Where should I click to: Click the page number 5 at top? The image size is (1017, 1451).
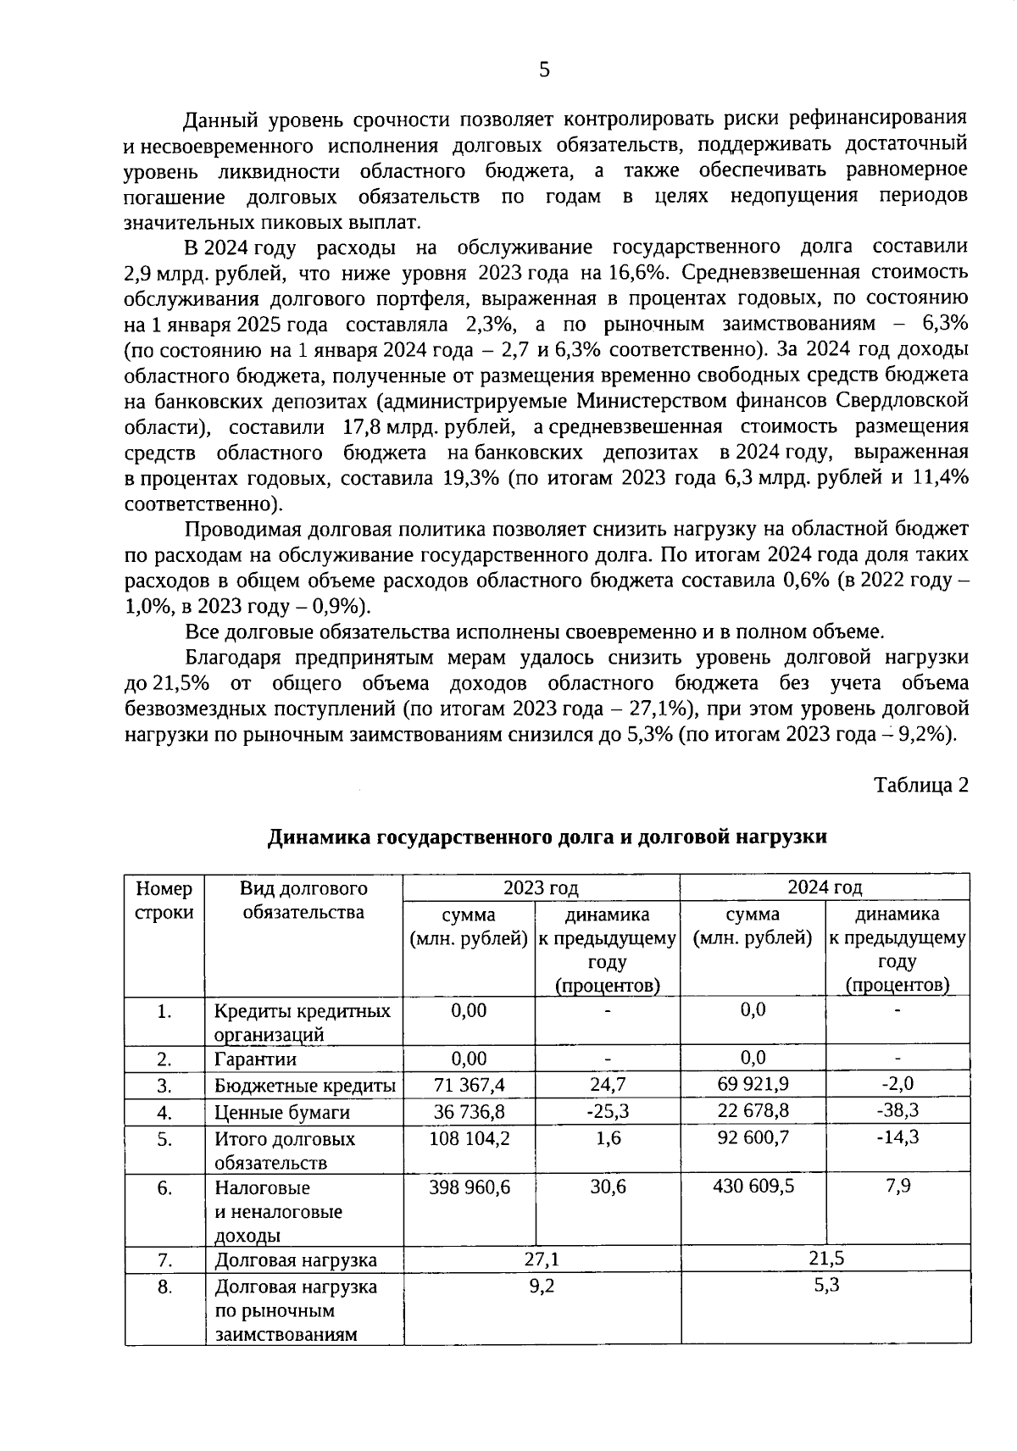coord(544,70)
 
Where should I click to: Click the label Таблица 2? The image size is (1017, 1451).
coord(920,785)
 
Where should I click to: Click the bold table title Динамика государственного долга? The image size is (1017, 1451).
coord(547,837)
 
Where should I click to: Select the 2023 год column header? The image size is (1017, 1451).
coord(541,887)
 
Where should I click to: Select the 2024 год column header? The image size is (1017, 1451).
coord(824,887)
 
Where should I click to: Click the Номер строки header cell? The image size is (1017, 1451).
coord(164,900)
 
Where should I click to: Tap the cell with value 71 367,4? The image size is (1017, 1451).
coord(470,1085)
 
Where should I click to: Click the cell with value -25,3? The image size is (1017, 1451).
coord(608,1111)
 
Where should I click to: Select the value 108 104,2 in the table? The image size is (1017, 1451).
coord(470,1138)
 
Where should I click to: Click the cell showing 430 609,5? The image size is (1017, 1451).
coord(753,1187)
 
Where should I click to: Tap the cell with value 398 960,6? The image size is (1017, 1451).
coord(470,1187)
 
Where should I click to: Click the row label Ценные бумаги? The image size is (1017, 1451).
coord(281,1113)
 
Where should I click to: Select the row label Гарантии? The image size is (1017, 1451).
coord(254,1059)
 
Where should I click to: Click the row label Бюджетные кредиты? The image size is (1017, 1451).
coord(304,1087)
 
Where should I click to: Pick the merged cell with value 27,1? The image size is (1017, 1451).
coord(542,1259)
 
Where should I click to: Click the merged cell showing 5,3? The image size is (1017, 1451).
coord(826,1286)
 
